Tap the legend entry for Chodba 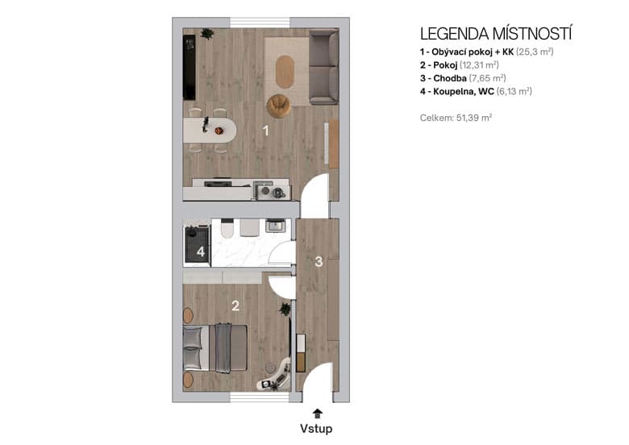click(464, 78)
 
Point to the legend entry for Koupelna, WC click(476, 92)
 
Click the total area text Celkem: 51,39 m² click(456, 117)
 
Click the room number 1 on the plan click(265, 131)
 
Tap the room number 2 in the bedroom click(235, 306)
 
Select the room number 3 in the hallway click(319, 261)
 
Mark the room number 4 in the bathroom click(201, 252)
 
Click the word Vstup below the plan click(316, 429)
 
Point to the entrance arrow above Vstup click(316, 412)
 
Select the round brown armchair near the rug click(279, 105)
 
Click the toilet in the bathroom click(227, 229)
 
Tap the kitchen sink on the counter click(264, 191)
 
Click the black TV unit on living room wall click(190, 69)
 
